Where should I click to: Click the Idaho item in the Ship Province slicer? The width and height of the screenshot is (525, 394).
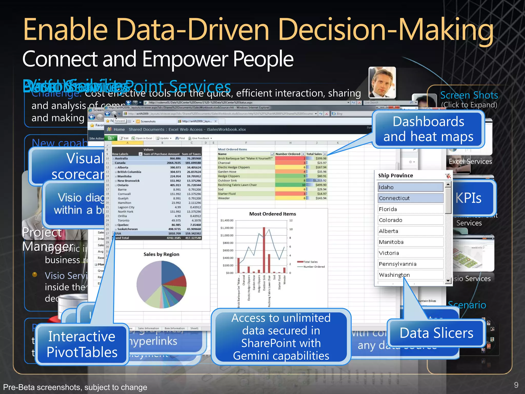pos(410,187)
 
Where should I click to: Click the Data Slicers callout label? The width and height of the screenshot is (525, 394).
pos(436,333)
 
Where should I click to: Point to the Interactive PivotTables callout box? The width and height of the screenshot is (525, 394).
pos(82,344)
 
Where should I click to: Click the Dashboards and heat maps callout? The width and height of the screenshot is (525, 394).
pos(428,129)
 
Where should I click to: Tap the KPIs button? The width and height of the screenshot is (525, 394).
pos(469,198)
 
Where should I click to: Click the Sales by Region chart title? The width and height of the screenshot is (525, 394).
pos(161,254)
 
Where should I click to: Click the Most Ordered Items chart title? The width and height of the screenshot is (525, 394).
pos(272,214)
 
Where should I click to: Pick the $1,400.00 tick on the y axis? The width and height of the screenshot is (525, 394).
pos(227,220)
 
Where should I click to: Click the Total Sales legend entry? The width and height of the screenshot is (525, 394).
pos(310,262)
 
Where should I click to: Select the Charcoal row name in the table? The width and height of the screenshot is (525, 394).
pos(224,163)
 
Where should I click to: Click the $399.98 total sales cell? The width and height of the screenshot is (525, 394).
pos(321,159)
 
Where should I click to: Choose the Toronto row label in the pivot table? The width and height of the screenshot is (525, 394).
pos(124,220)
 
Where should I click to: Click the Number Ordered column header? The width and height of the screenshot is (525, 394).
pos(288,154)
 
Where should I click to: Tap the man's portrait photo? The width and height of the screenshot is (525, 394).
pos(382,83)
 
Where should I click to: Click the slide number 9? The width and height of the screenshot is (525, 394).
pos(516,385)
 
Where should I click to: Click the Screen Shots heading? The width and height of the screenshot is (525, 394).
pos(469,95)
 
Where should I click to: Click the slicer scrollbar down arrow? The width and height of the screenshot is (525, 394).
pos(448,281)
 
